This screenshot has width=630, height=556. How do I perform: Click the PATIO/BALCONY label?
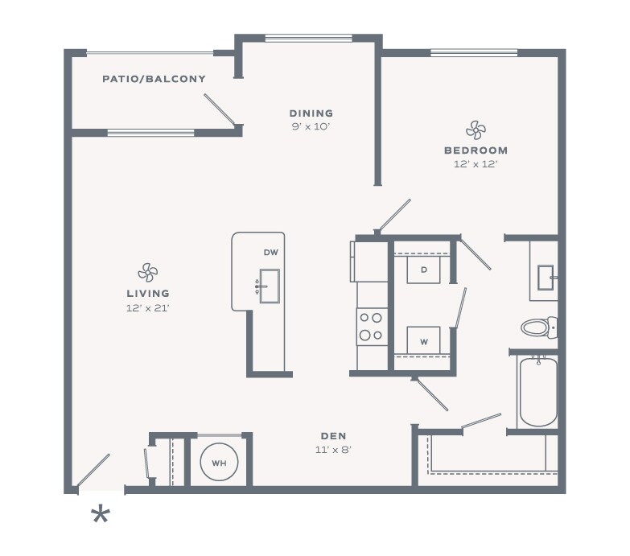click(x=154, y=79)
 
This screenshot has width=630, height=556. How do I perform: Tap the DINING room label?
click(x=311, y=113)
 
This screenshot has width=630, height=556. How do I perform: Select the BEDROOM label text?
click(x=476, y=150)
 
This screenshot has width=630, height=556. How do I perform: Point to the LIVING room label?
click(x=148, y=294)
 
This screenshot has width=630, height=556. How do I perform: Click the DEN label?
click(x=333, y=436)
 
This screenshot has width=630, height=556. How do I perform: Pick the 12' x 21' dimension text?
click(x=148, y=308)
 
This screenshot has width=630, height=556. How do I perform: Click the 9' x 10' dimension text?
click(x=311, y=127)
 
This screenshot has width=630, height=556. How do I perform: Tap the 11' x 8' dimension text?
click(x=333, y=450)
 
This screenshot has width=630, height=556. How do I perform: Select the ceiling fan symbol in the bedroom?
click(x=476, y=130)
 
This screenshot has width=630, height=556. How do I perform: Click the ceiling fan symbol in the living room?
click(x=148, y=273)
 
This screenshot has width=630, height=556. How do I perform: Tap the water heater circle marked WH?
click(x=219, y=463)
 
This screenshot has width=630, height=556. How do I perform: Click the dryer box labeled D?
click(x=423, y=270)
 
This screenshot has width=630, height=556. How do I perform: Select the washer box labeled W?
click(x=423, y=340)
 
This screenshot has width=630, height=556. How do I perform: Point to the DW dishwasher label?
click(x=271, y=253)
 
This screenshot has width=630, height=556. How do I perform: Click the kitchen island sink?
click(x=270, y=286)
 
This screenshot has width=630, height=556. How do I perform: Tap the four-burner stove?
click(x=371, y=327)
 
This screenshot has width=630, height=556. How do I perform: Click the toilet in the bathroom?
click(x=539, y=327)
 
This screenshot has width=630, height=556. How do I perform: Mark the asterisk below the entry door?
click(x=101, y=515)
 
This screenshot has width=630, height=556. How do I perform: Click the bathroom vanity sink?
click(x=546, y=278)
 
